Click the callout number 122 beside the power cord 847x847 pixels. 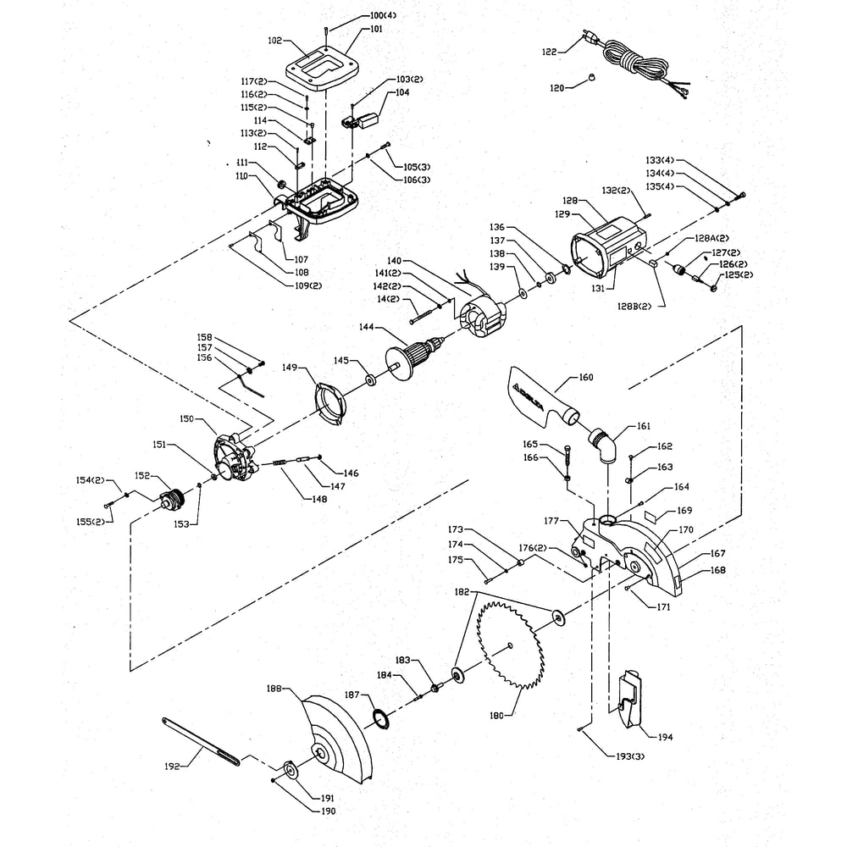click(549, 53)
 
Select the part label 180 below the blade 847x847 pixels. click(496, 716)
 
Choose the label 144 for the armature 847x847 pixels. click(367, 327)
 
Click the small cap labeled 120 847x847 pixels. click(591, 77)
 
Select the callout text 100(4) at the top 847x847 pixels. click(383, 15)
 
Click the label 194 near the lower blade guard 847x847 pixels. click(666, 737)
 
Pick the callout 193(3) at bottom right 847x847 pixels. click(630, 756)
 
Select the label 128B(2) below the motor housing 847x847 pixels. click(634, 307)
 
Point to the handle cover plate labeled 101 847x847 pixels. click(323, 66)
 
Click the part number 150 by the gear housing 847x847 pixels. click(186, 418)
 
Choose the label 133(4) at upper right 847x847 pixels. click(660, 160)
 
